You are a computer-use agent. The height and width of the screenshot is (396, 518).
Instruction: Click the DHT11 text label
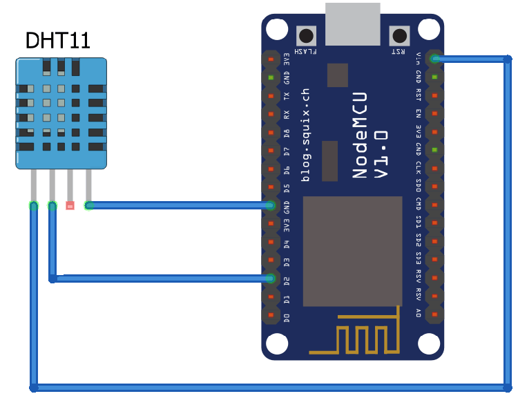point(58,40)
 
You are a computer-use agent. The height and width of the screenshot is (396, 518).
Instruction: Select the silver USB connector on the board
point(352,22)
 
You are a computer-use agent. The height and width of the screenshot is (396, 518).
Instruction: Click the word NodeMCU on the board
point(360,135)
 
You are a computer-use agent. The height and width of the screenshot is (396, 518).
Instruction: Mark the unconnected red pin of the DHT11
point(70,205)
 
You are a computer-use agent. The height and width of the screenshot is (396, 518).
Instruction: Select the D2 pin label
point(287,280)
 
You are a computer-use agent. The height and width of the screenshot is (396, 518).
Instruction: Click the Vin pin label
point(419,59)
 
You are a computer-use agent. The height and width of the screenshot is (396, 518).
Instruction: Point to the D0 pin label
point(287,317)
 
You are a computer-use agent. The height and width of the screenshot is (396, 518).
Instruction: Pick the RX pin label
point(287,114)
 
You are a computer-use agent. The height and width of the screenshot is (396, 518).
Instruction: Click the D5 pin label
point(287,187)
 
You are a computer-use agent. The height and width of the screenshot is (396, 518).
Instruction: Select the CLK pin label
point(419,168)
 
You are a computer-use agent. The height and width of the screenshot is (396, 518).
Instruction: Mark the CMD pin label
point(419,204)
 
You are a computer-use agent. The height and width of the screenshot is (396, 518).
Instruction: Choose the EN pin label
point(419,113)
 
